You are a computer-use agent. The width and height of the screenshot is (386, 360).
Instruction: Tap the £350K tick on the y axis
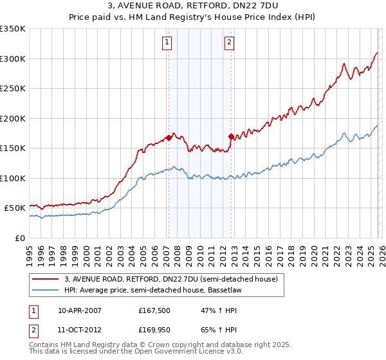(13, 29)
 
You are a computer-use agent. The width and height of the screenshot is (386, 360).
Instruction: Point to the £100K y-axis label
(13, 178)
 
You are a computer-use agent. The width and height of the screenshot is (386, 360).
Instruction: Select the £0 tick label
(19, 238)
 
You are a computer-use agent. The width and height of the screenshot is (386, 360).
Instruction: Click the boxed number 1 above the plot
(167, 43)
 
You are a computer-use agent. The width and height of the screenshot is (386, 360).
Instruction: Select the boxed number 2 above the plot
(229, 43)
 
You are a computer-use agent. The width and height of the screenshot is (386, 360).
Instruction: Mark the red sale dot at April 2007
(169, 137)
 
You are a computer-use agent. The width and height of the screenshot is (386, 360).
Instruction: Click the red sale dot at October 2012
(231, 136)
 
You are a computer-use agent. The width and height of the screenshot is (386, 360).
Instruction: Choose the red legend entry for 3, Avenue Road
(170, 279)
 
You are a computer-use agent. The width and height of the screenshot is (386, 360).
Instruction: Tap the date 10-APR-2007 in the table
(80, 310)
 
